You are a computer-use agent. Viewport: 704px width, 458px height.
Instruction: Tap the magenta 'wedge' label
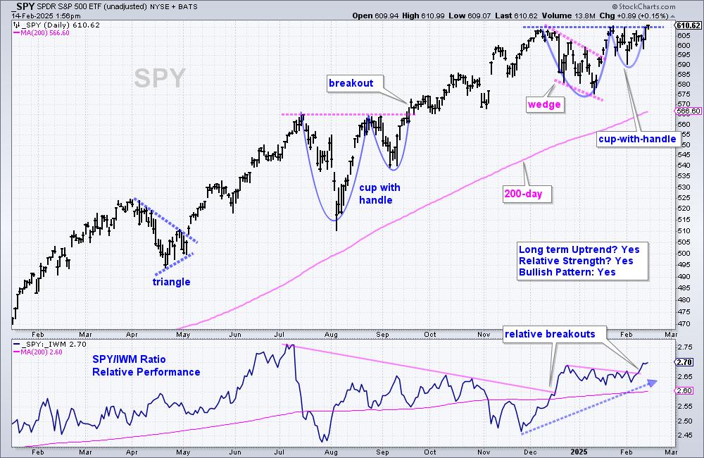click(x=545, y=105)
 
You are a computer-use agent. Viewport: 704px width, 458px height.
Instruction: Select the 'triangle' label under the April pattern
click(x=172, y=282)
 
